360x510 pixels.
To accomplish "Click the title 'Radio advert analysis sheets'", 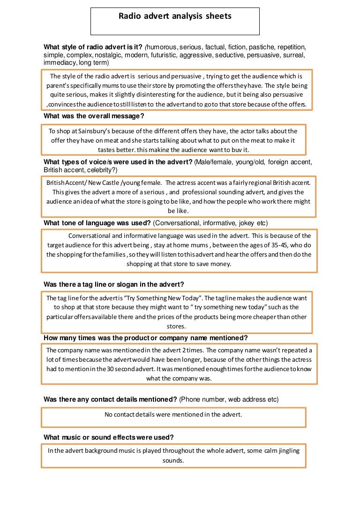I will pos(175,16).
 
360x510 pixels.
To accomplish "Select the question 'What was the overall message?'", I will pos(94,116).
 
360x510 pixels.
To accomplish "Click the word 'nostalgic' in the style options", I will pos(108,55).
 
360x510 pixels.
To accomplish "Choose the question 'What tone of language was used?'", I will pos(97,222).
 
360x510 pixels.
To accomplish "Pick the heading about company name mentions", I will pos(145,338).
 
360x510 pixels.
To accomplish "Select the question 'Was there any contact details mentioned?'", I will pos(110,399).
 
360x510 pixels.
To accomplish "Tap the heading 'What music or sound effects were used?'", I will pos(109,437).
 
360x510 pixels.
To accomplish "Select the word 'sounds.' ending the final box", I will pos(173,460).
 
